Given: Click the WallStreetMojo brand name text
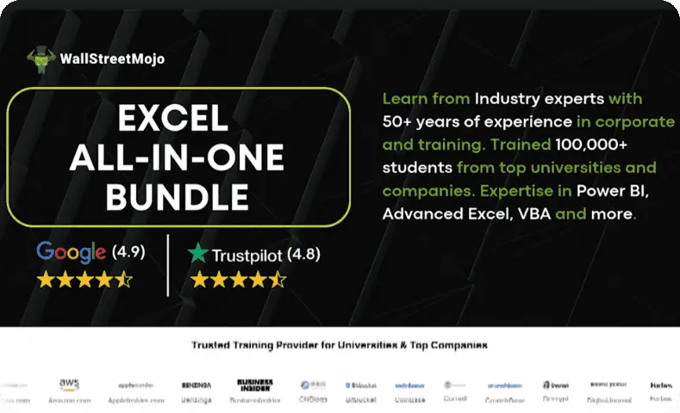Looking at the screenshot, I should point(112,59).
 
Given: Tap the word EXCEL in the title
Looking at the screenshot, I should point(179,117).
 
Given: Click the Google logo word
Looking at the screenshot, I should point(72,252).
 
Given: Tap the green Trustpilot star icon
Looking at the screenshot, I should point(199,254).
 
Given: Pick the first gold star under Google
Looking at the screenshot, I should point(46,279).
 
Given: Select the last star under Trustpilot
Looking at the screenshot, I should point(276,280).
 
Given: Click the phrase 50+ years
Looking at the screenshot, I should point(431,121).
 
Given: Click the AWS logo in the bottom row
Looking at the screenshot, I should point(70,385).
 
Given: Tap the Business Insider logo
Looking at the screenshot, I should point(254,385).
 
